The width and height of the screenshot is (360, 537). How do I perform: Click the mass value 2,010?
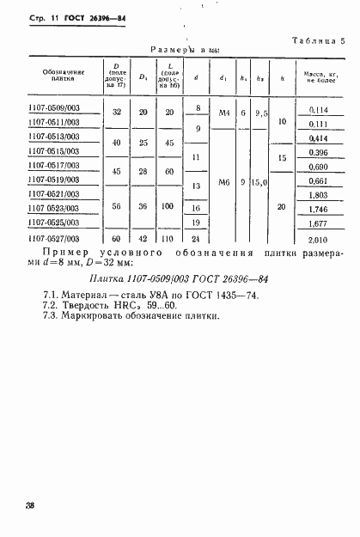(x=318, y=239)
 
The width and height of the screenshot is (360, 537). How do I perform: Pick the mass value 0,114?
(x=318, y=109)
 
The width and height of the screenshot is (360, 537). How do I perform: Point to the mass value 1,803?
(x=318, y=195)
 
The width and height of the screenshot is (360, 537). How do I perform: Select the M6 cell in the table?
(x=224, y=181)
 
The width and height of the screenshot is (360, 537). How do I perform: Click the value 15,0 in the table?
(x=261, y=181)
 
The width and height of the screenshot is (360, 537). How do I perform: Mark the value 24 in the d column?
(x=197, y=239)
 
